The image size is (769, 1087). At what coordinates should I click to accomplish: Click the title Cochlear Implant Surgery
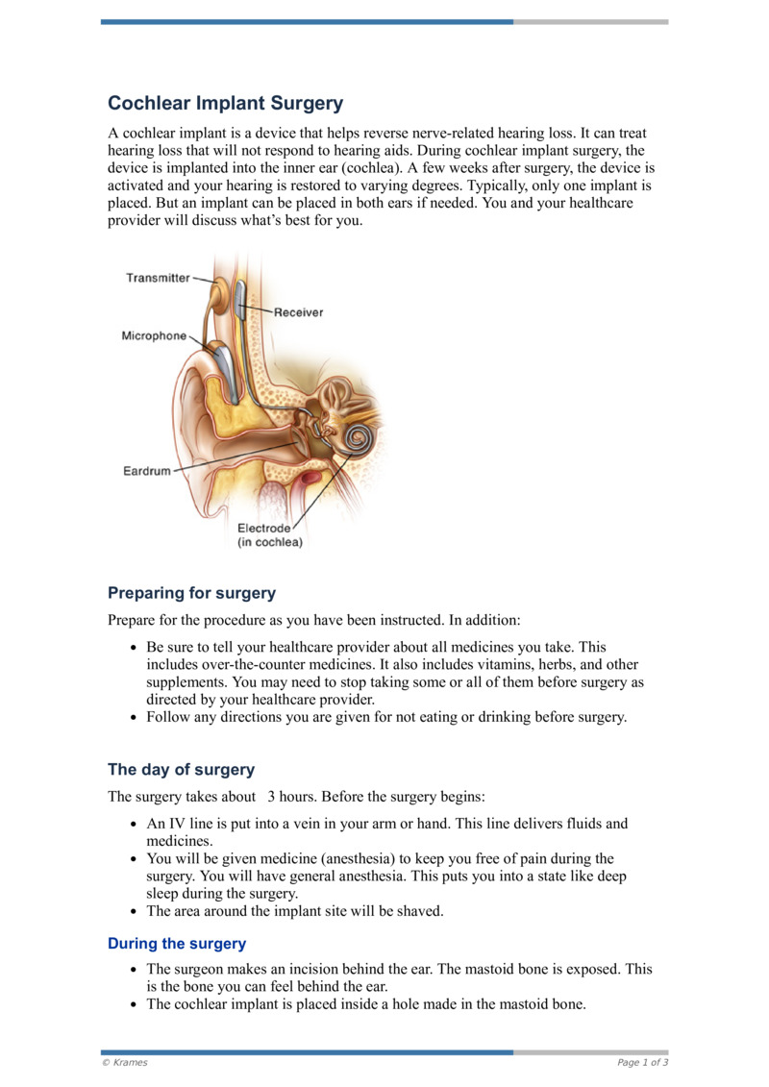coord(225,103)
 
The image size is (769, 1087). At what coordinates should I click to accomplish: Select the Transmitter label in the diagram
coord(159,278)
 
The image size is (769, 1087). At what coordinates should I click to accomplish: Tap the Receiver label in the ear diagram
coord(298,312)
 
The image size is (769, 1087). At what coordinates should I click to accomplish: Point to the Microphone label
coord(154,336)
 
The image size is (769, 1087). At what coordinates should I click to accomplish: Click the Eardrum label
coord(146,471)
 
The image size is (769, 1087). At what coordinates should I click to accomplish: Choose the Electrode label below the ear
coord(263,528)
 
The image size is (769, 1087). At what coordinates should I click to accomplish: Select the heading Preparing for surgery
coord(191,593)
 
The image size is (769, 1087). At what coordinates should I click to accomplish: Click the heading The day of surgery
coord(181,770)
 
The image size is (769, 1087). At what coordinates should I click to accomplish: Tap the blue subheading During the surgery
coord(177,944)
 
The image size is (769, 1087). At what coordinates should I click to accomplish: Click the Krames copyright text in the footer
coord(125,1063)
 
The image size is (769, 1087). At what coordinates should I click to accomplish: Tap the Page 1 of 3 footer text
coord(643,1063)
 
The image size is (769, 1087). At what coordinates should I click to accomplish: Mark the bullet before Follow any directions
coord(134,717)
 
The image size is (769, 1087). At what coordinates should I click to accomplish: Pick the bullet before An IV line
coord(134,825)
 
